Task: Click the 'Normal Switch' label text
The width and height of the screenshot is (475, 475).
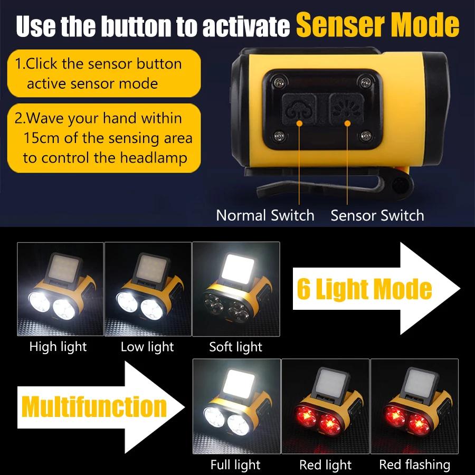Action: (265, 215)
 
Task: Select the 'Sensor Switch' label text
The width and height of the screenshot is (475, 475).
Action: (377, 215)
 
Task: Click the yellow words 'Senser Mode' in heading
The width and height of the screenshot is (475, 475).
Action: (377, 25)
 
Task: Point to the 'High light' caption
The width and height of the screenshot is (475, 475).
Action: (58, 347)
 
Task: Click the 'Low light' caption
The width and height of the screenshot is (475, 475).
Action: (147, 347)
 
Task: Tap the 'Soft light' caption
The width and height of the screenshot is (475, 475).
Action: (235, 347)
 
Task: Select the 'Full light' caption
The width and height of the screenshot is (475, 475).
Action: (235, 465)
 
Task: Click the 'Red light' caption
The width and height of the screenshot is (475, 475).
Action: (325, 465)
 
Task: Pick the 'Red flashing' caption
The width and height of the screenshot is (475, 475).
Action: (414, 465)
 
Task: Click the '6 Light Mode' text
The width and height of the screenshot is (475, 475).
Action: (364, 289)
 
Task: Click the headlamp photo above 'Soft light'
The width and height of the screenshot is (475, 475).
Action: (236, 289)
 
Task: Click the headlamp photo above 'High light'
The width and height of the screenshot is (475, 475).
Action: (60, 289)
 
